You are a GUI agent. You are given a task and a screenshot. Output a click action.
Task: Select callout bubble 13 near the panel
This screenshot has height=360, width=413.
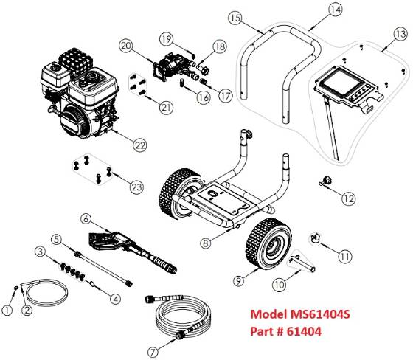(400, 34)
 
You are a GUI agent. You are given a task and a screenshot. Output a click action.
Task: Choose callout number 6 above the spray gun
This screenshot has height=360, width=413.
(86, 218)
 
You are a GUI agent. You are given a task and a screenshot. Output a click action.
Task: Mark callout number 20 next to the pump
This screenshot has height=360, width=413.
(126, 46)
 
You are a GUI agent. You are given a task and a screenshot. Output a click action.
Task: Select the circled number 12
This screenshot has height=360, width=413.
(348, 198)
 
